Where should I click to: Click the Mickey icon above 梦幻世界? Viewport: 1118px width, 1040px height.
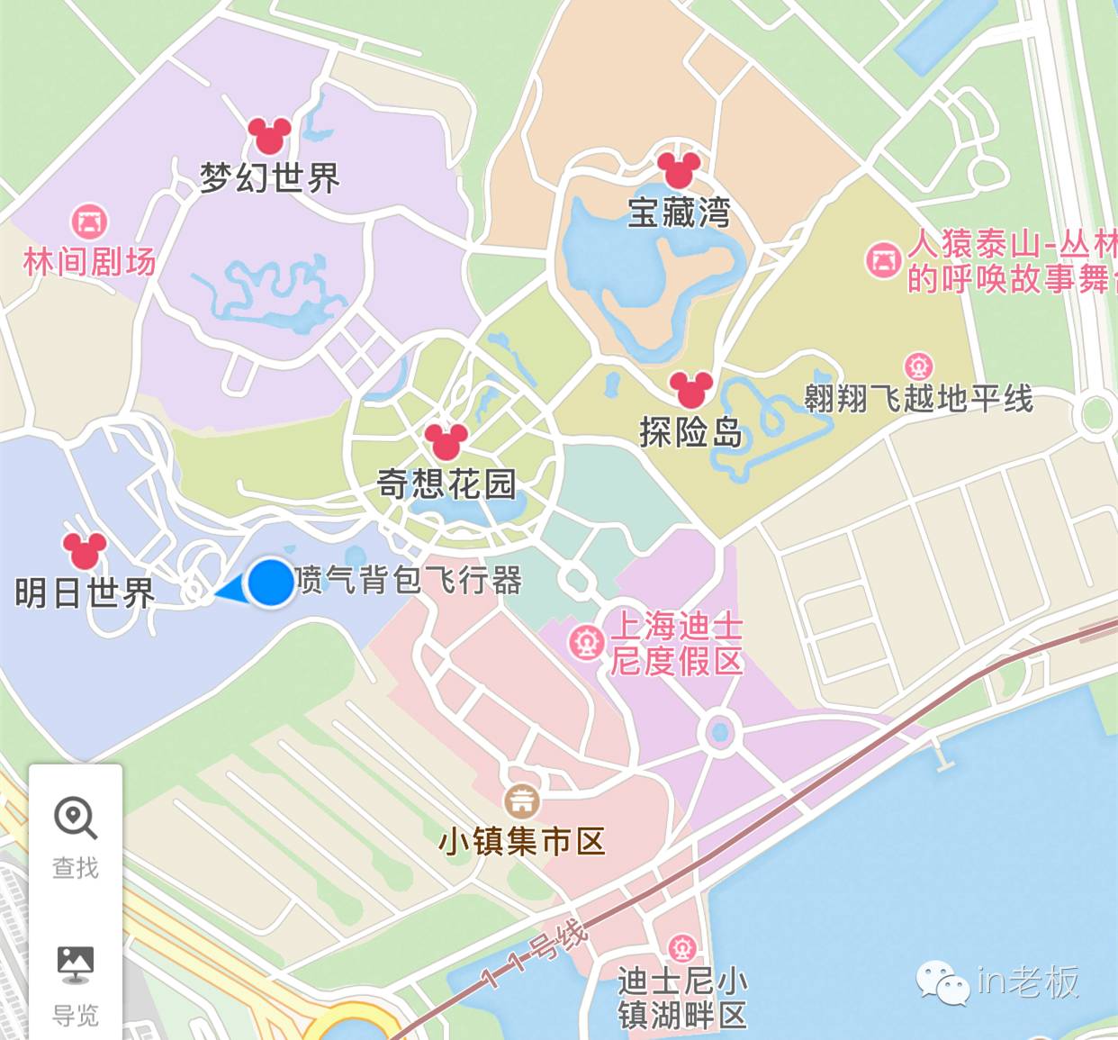coord(268,136)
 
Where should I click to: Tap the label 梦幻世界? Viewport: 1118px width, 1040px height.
coord(269,177)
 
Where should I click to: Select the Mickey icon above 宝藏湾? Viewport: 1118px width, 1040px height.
coord(678,170)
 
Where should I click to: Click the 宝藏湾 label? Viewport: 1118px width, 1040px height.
coord(679,213)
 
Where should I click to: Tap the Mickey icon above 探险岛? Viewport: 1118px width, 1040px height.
coord(690,389)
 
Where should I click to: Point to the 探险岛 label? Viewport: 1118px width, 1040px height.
coord(690,433)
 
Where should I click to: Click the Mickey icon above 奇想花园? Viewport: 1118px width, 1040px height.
coord(446,441)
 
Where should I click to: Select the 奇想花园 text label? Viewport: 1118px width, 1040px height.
coord(446,484)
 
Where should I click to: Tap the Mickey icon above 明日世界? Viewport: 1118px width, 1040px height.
coord(85,550)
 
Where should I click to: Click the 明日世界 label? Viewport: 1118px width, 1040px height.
coord(85,593)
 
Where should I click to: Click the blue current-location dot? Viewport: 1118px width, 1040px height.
coord(270,583)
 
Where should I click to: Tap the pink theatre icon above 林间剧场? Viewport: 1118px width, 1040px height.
coord(89,222)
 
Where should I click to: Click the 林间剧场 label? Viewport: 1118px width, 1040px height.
coord(89,262)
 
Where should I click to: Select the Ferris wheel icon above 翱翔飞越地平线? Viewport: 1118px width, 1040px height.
coord(918,367)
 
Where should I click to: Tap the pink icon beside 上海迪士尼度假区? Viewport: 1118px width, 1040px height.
coord(586,643)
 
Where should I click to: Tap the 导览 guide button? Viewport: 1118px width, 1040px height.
coord(76,984)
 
